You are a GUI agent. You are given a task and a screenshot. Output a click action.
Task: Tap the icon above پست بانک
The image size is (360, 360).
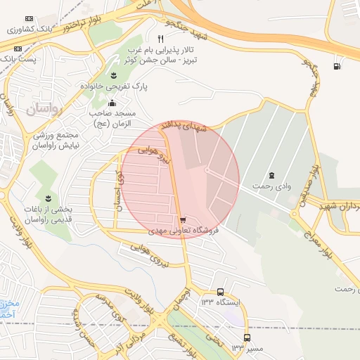pos(18,49)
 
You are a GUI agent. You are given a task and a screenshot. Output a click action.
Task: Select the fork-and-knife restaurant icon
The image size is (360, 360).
pos(161,39)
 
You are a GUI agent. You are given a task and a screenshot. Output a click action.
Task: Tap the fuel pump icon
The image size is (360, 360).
pos(337,66)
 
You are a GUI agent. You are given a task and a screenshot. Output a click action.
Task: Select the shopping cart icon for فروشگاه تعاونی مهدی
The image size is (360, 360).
pos(184,219)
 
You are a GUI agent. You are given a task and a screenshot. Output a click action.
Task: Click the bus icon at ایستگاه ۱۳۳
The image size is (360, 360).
pos(221,292)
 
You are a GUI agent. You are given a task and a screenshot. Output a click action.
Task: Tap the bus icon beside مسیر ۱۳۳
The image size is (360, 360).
pos(247,337)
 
